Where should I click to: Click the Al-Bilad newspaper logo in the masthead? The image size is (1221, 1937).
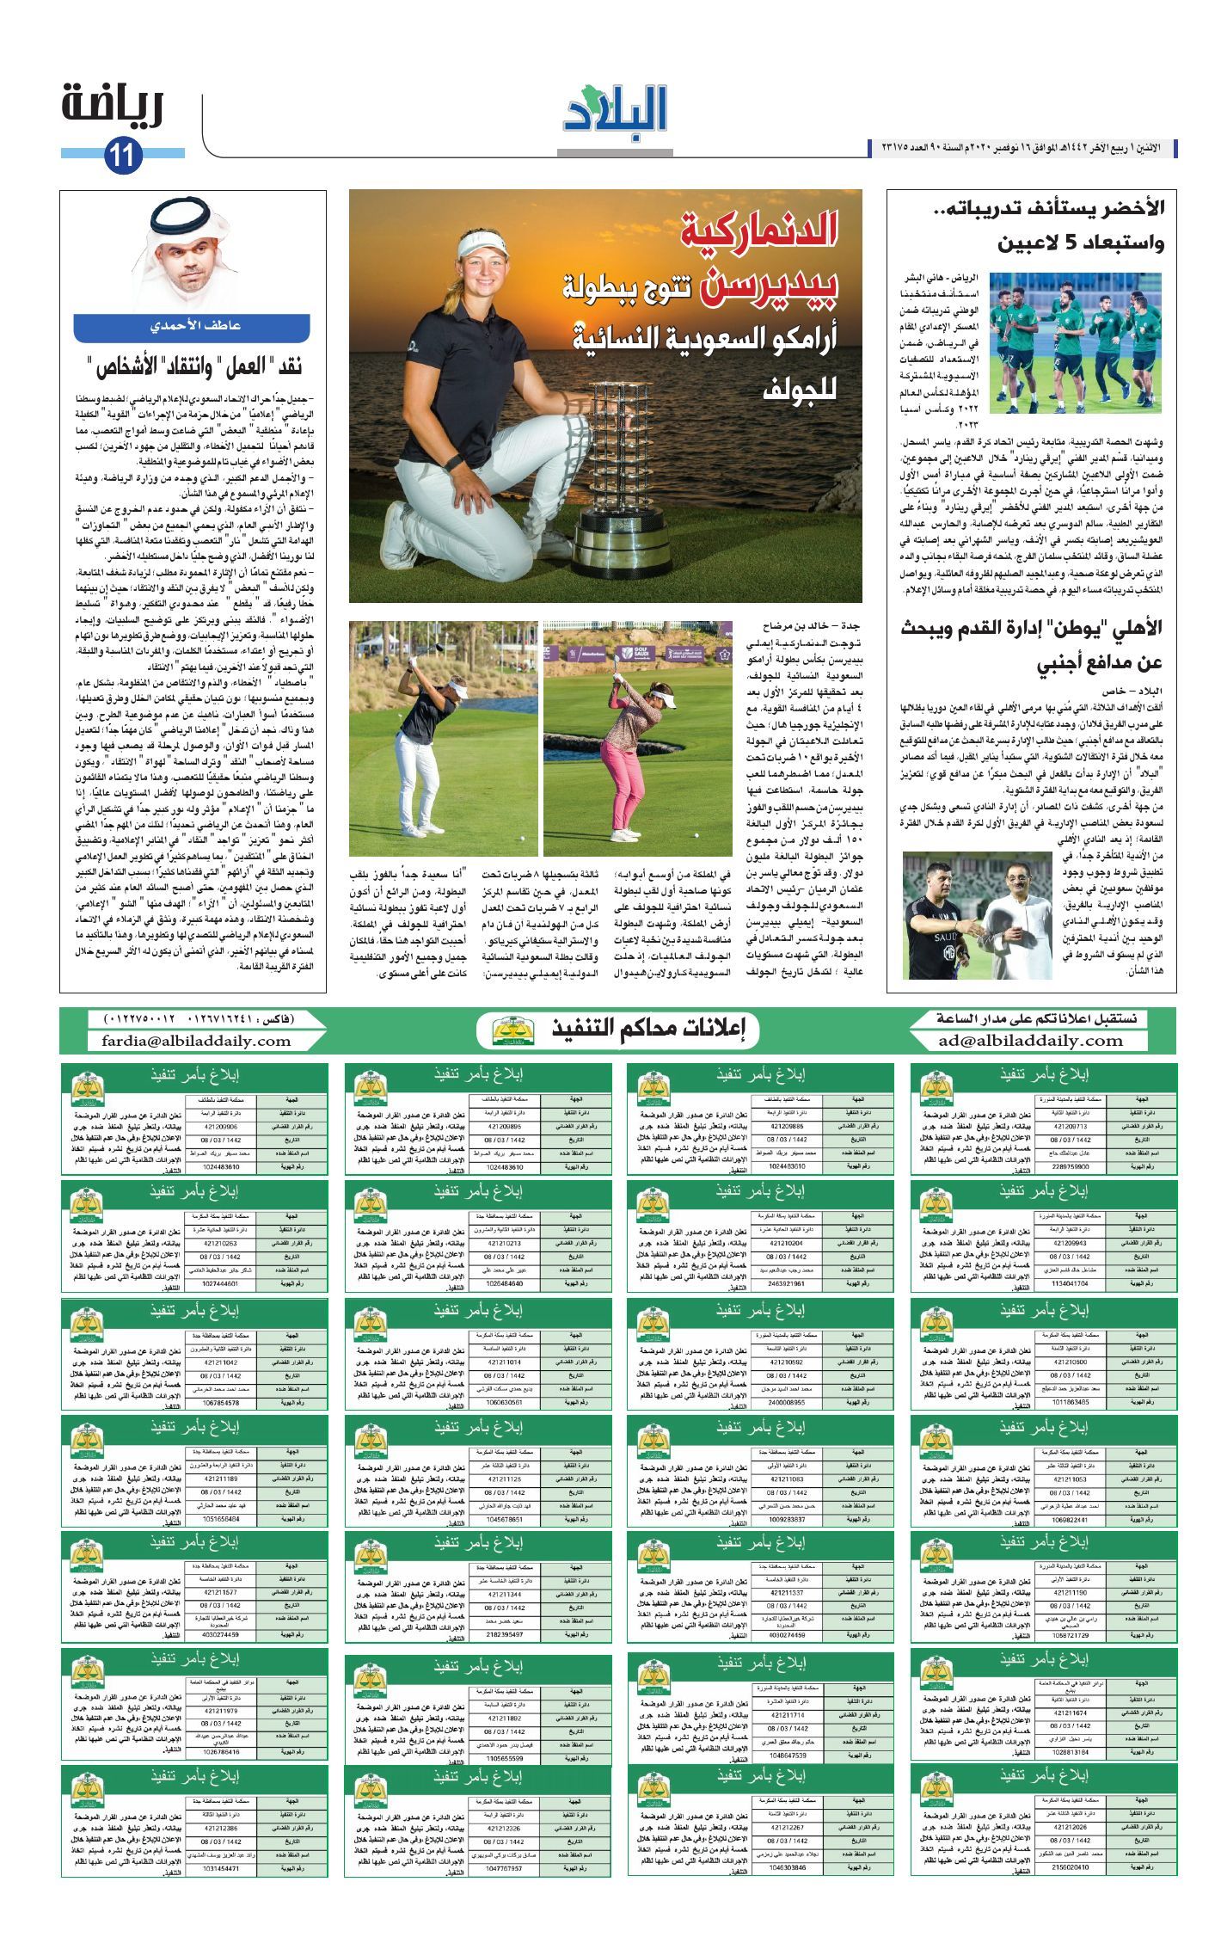click(x=615, y=112)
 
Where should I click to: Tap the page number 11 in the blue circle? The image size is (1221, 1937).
click(x=122, y=156)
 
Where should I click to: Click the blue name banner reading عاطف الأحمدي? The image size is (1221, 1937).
click(x=192, y=327)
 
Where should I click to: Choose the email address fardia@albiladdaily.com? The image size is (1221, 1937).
click(x=197, y=1041)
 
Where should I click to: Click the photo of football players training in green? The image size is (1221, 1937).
click(x=1074, y=342)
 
